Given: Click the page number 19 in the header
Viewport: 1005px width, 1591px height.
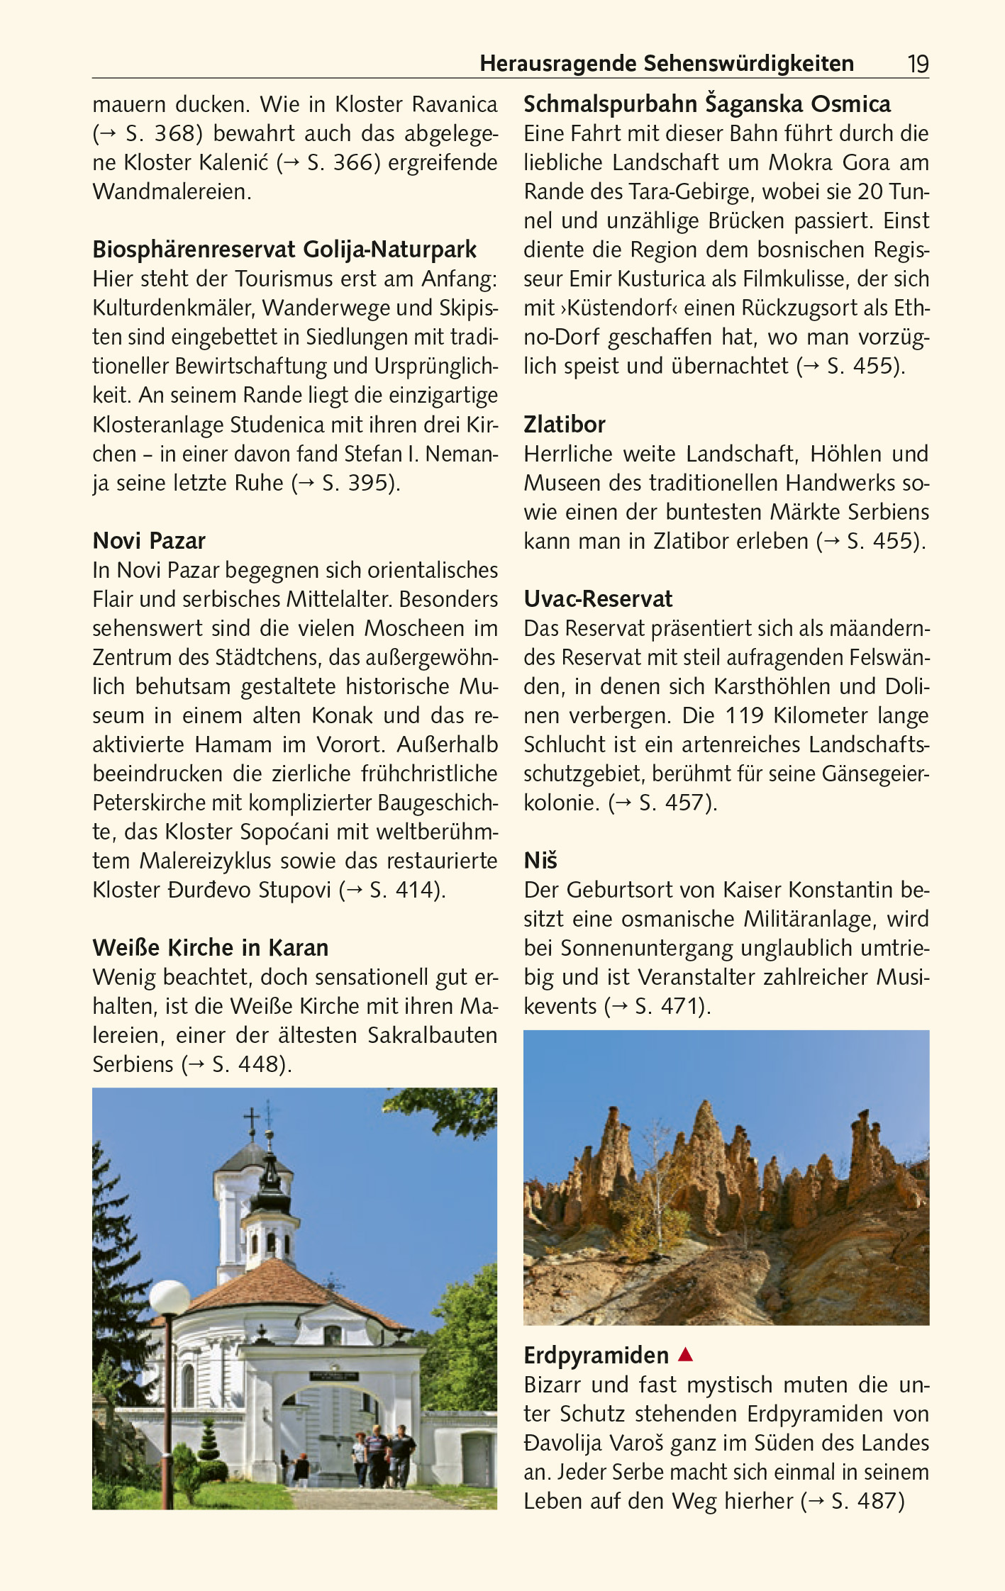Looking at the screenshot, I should [918, 65].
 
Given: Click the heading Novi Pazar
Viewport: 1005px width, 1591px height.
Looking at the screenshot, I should [149, 541].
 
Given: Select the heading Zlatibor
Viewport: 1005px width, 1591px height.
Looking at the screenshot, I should [565, 425].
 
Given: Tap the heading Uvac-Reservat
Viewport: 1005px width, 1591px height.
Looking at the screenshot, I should [598, 599].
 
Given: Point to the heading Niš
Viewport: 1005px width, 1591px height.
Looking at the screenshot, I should [540, 861].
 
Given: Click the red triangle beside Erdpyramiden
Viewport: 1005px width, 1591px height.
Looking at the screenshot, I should [685, 1355].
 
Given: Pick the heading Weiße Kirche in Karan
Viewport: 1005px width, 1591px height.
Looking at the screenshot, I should [211, 948].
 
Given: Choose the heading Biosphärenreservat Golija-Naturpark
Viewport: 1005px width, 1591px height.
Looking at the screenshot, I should [284, 250].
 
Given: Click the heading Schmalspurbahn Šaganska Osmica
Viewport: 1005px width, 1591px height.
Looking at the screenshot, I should [707, 104].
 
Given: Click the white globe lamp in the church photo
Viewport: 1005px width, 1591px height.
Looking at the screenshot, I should [170, 1297].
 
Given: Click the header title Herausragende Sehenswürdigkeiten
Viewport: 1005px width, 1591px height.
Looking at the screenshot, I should [667, 64].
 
